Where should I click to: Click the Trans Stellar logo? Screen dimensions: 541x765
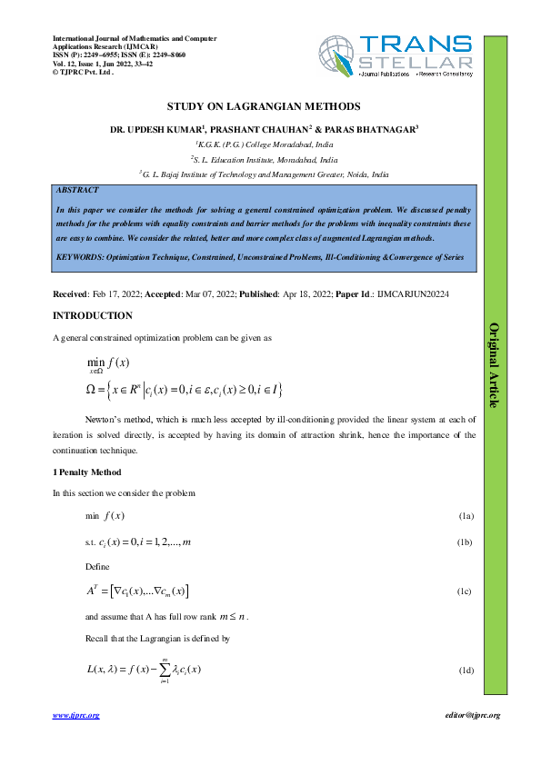click(396, 56)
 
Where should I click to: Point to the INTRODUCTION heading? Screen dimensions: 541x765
click(93, 316)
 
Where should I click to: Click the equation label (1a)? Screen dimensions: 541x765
click(466, 516)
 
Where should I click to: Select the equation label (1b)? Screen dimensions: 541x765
click(466, 542)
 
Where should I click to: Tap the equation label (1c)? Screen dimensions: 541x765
click(466, 591)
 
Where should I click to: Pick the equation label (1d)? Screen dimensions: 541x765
click(466, 670)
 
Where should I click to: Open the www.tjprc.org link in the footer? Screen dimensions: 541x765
click(75, 716)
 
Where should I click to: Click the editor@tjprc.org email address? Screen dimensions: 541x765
click(468, 716)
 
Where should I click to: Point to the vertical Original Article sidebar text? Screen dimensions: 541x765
click(494, 363)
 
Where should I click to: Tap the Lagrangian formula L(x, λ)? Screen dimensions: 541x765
click(143, 670)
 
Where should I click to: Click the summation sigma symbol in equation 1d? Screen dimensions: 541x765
click(164, 670)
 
